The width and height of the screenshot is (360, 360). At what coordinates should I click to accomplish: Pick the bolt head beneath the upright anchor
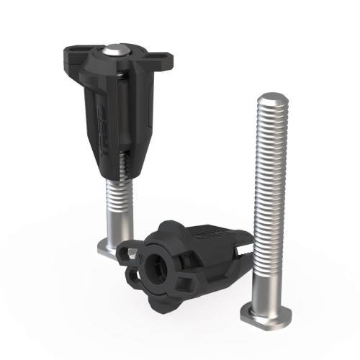[x=108, y=249]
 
